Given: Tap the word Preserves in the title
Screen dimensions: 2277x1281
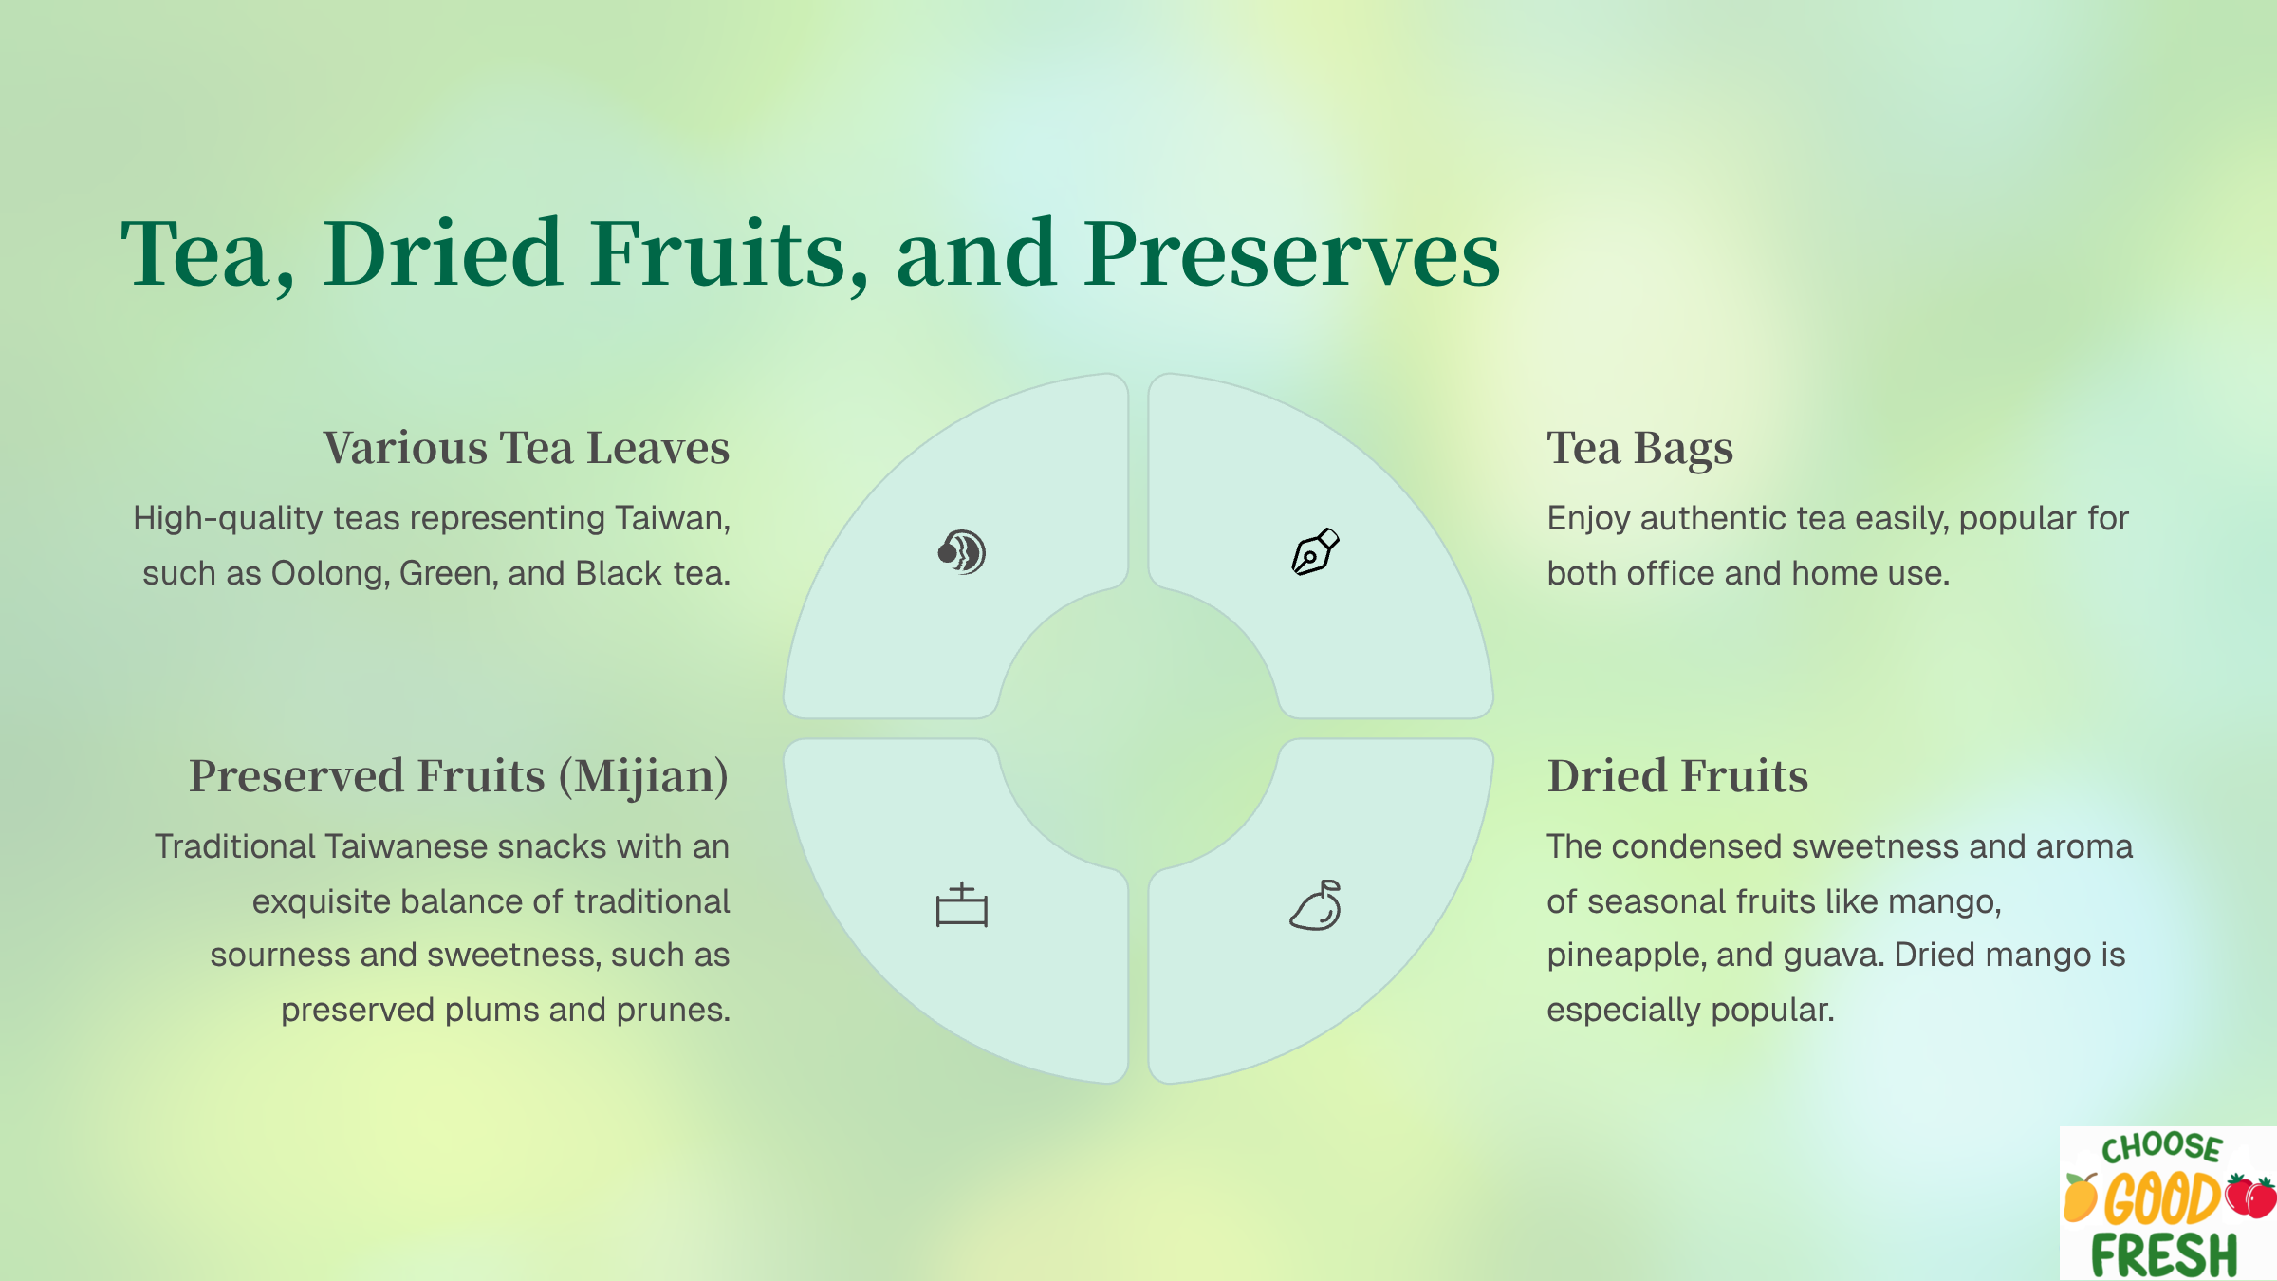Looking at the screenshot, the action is point(1292,254).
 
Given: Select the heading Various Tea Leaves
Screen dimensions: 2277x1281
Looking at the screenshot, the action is point(527,448).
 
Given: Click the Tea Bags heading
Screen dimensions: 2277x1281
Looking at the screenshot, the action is point(1639,449).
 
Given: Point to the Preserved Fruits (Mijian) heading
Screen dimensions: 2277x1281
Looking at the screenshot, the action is point(459,776).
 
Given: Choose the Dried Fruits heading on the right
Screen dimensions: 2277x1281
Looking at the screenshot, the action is point(1677,776).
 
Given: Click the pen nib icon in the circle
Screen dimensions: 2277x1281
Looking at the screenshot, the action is point(1315,552).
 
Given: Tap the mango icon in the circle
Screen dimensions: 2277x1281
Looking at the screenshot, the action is point(1316,905).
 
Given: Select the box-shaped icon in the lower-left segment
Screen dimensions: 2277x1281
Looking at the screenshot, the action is point(962,905).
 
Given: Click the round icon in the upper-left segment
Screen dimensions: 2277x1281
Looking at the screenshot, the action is point(962,552).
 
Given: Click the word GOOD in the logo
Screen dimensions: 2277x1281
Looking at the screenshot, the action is point(2162,1198).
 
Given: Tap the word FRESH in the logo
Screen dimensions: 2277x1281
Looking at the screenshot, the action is point(2164,1254).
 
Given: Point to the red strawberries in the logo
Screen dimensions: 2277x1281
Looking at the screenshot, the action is point(2250,1197).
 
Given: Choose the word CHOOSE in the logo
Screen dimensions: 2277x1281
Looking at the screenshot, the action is point(2162,1148).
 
